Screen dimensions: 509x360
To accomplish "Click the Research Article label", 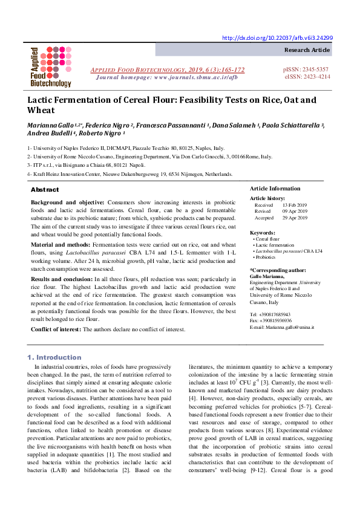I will click(x=307, y=50).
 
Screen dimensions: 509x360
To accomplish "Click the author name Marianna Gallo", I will click(x=52, y=125).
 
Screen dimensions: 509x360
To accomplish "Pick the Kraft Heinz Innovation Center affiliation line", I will click(x=129, y=173).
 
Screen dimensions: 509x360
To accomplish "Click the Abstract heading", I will click(x=45, y=189).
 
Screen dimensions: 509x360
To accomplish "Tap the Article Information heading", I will click(x=275, y=189).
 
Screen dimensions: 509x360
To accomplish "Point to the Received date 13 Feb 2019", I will click(x=295, y=205).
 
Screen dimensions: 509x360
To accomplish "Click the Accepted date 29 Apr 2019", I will click(x=295, y=218).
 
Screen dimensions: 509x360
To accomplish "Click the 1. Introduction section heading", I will click(x=54, y=357).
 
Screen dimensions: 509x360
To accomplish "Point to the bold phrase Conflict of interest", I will click(x=56, y=329).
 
